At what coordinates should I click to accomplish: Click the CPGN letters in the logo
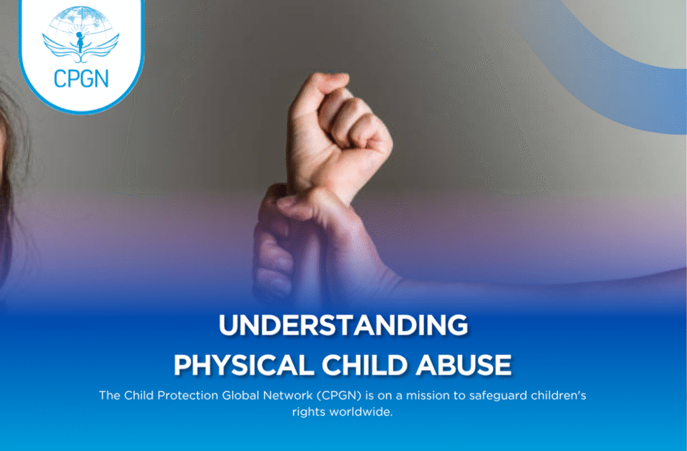click(x=81, y=78)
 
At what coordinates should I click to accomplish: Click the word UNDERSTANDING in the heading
click(x=343, y=326)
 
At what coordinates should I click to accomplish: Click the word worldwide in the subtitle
click(x=362, y=411)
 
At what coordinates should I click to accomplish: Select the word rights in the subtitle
click(x=309, y=411)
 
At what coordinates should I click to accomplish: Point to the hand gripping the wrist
click(x=282, y=235)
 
